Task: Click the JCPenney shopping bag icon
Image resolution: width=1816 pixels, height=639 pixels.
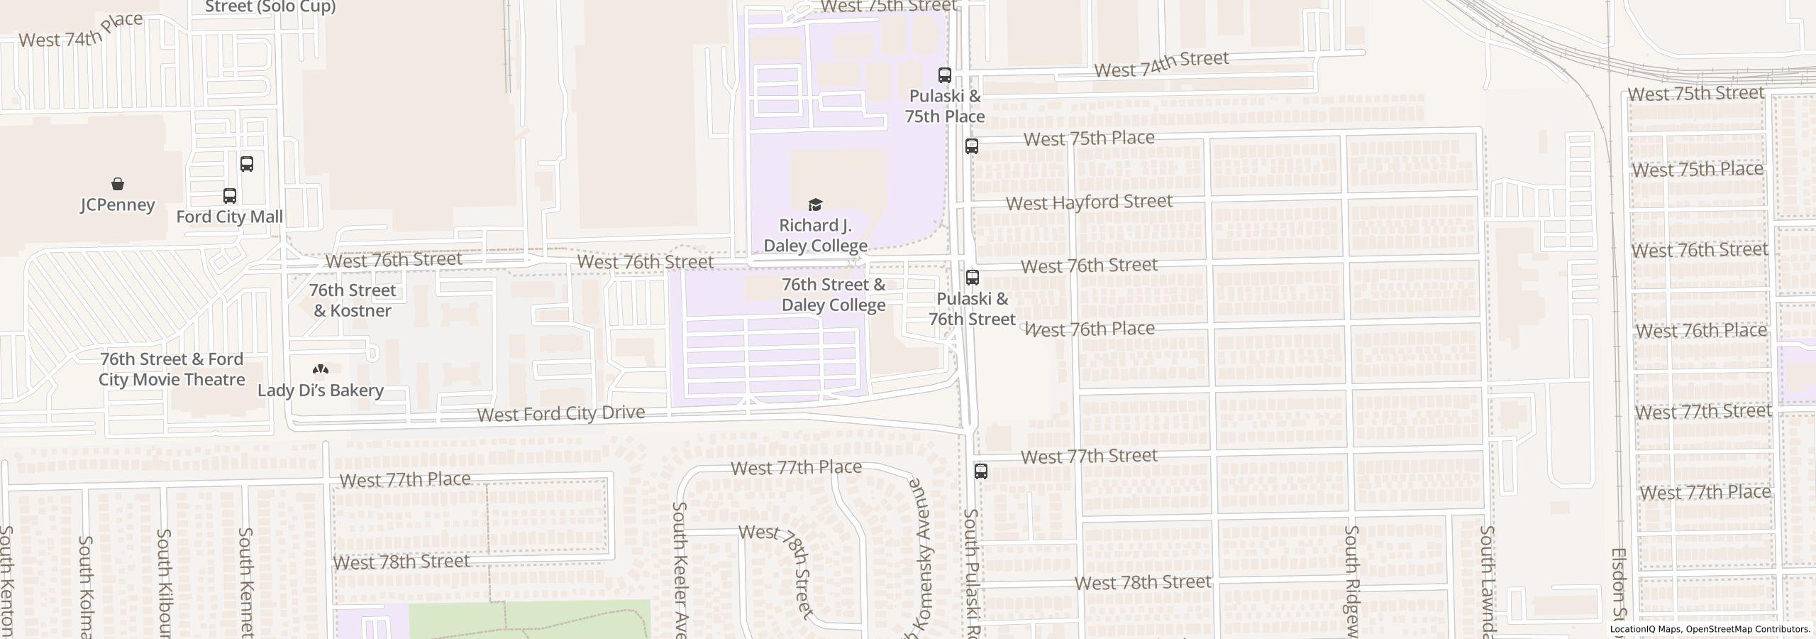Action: pos(118,185)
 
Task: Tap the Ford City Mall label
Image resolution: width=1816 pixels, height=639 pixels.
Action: pos(229,217)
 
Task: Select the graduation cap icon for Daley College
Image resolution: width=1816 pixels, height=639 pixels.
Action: pos(815,205)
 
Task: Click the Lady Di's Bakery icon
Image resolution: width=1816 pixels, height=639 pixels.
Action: pos(321,369)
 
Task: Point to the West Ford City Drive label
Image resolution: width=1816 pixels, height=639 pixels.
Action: pos(560,413)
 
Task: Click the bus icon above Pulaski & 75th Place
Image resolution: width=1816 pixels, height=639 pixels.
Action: pos(944,75)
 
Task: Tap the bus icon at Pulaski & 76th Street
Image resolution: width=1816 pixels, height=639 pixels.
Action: pos(972,278)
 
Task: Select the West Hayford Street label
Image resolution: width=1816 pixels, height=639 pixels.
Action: pos(1089,202)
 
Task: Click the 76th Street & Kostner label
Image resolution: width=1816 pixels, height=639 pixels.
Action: pos(353,300)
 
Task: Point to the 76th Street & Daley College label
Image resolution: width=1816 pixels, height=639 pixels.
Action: pos(834,295)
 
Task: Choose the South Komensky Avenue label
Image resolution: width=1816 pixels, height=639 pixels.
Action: pos(920,561)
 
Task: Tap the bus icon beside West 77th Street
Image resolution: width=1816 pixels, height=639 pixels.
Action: pos(980,471)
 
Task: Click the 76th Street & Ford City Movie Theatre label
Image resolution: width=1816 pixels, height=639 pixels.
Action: pos(172,369)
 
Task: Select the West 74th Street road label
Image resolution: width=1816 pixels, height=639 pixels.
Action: pos(1161,65)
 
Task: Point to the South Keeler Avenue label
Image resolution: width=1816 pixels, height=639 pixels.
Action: pos(680,568)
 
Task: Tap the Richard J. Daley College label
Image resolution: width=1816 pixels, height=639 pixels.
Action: pos(815,236)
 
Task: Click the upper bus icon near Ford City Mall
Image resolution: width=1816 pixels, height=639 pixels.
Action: pos(246,164)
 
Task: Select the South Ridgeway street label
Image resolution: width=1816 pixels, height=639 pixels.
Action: pos(1352,579)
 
